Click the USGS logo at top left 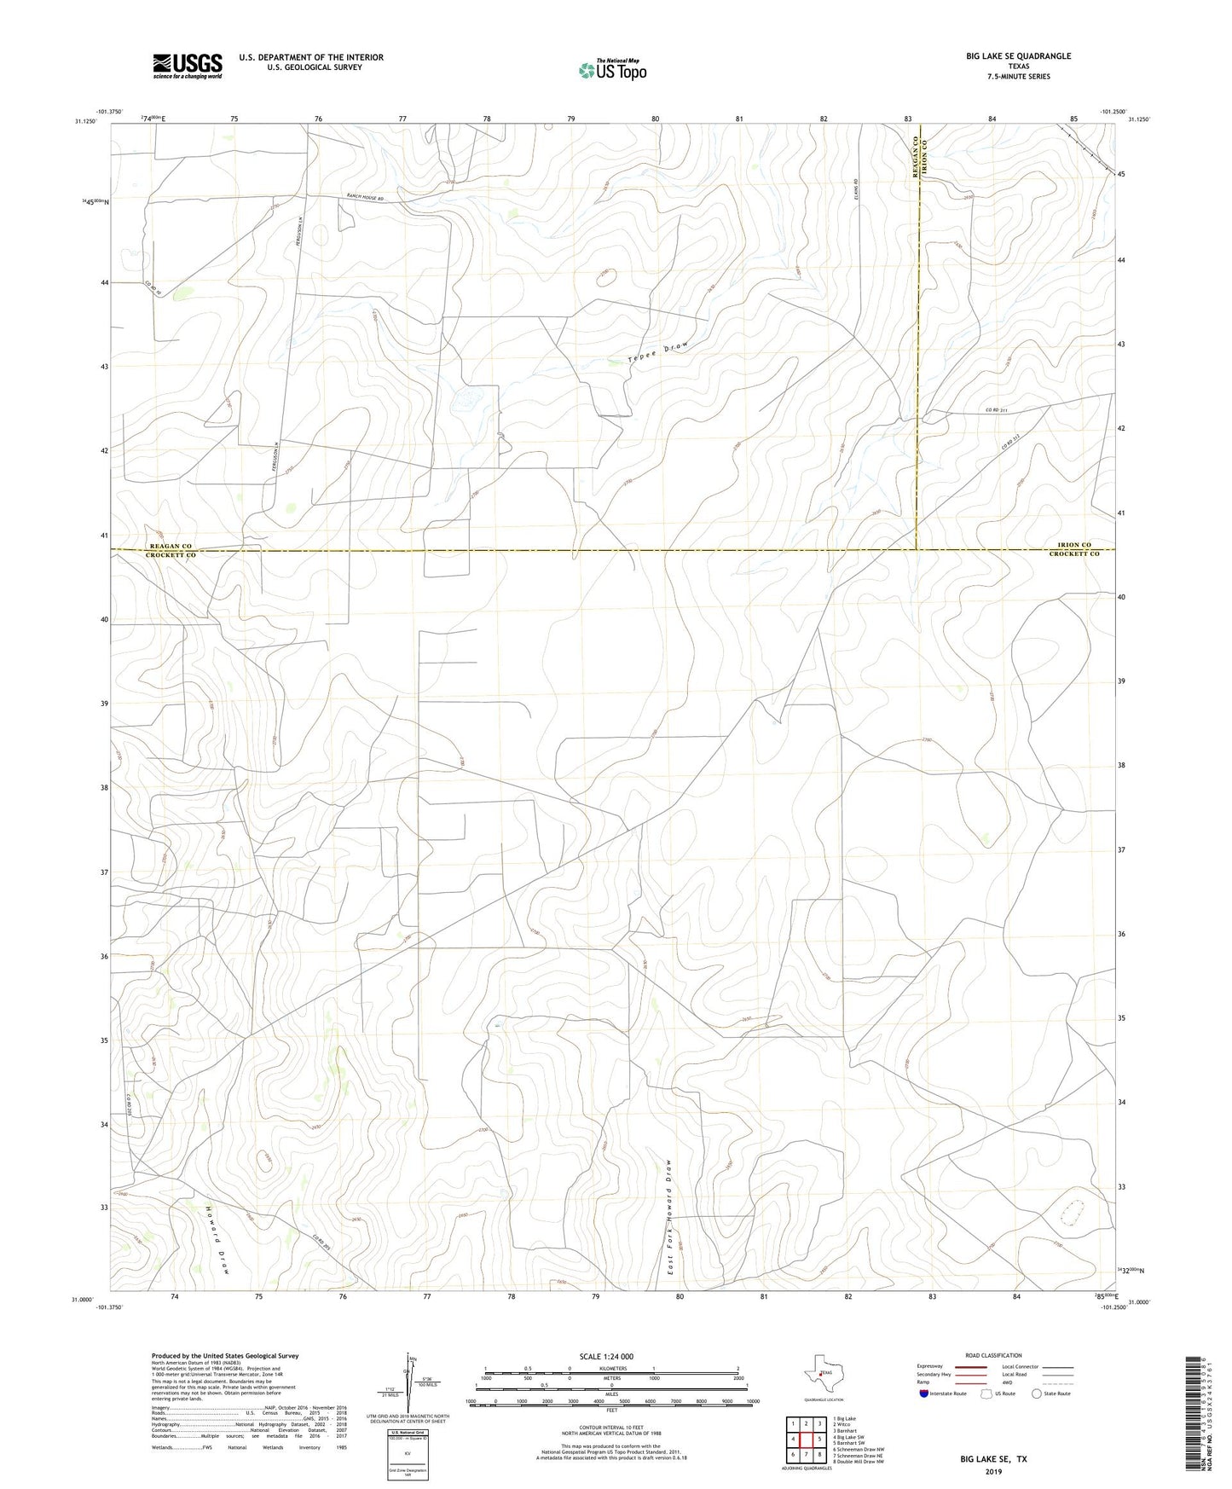tap(188, 66)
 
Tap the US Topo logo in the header tap(612, 70)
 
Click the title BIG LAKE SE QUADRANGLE tap(1018, 56)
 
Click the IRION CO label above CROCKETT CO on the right tap(1073, 544)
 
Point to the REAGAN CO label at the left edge tap(171, 546)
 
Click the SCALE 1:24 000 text tap(606, 1356)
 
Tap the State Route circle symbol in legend tap(1037, 1393)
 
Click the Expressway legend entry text tap(930, 1366)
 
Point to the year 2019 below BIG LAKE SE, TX tap(993, 1472)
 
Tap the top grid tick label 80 tap(655, 119)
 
